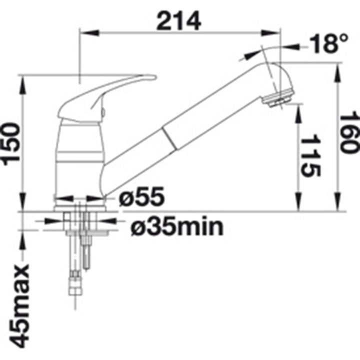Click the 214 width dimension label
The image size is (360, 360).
[x=178, y=21]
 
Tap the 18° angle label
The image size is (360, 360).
[x=329, y=43]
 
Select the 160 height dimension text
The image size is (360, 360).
[x=349, y=132]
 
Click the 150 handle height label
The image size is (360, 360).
[x=11, y=144]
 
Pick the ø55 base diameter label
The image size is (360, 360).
[x=141, y=196]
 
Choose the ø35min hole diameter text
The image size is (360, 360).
[x=177, y=226]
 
